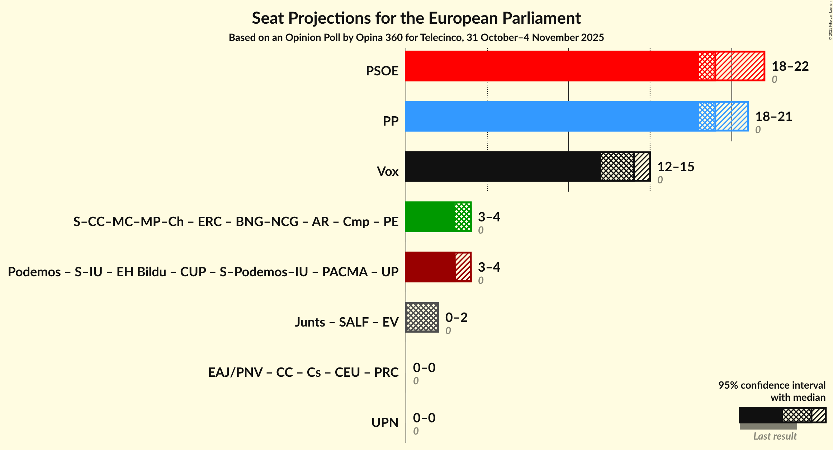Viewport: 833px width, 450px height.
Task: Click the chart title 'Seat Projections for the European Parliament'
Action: [416, 18]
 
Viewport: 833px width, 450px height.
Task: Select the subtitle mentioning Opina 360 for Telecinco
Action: [416, 38]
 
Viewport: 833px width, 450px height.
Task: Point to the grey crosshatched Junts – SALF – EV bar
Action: [422, 317]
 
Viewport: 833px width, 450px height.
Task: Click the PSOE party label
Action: [382, 71]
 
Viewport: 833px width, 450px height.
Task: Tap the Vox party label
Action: [387, 172]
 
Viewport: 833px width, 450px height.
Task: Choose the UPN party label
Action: [384, 423]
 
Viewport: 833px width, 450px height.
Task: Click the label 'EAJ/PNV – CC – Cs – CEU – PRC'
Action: [303, 372]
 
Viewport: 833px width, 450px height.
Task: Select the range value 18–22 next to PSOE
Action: [790, 66]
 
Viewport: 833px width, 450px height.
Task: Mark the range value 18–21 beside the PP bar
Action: [773, 117]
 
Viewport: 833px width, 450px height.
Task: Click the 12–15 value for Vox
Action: [676, 167]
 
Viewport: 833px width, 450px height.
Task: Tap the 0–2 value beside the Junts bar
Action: [456, 318]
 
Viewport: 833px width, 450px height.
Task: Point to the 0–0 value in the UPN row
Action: [424, 418]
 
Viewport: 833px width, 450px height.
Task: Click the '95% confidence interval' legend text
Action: [772, 385]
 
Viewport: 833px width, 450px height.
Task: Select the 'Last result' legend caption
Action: [775, 436]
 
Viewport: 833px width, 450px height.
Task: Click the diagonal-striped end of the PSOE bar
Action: [740, 66]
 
